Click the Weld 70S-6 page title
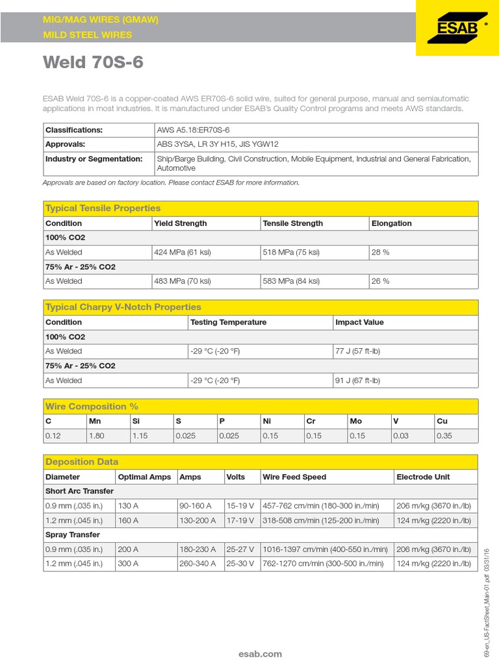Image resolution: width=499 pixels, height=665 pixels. click(x=93, y=62)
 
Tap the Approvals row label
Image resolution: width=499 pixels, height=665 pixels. click(x=65, y=144)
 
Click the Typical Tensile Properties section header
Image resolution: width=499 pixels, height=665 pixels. click(x=103, y=208)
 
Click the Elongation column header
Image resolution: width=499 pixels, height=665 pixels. click(x=391, y=223)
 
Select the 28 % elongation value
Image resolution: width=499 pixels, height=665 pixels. click(x=380, y=252)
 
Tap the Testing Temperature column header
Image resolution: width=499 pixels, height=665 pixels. click(x=228, y=322)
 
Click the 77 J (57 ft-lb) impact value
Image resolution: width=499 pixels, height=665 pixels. click(x=359, y=351)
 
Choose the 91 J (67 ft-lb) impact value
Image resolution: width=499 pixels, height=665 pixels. click(x=359, y=381)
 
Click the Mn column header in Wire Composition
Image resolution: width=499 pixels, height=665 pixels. click(x=96, y=421)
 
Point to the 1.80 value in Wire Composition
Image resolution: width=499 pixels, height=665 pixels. click(x=96, y=436)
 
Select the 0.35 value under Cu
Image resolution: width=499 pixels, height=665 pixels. click(x=444, y=436)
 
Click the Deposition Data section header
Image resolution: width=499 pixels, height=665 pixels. click(x=82, y=462)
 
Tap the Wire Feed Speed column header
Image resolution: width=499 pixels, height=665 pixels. click(x=294, y=477)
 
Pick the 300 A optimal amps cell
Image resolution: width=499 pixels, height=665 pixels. click(x=128, y=564)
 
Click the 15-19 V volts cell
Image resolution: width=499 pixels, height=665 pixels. click(x=240, y=505)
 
